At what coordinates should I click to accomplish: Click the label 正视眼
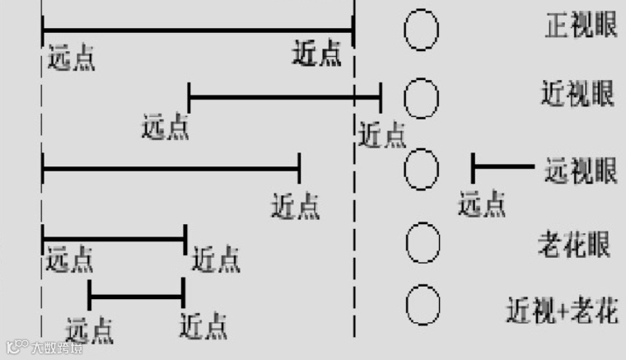tap(580, 26)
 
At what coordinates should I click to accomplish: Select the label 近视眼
tap(578, 93)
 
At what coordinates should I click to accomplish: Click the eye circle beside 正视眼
tap(421, 30)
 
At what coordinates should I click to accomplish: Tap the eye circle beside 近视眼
tap(422, 98)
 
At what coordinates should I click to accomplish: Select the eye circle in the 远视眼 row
tap(422, 169)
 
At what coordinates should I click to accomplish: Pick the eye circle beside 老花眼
tap(423, 241)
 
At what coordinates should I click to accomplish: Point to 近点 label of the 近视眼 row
tap(382, 133)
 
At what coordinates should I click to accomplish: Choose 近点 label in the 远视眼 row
tap(296, 205)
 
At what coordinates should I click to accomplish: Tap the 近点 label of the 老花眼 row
tap(216, 260)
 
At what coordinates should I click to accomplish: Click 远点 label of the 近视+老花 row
tap(90, 329)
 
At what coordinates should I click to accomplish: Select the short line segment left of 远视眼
tap(502, 167)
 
